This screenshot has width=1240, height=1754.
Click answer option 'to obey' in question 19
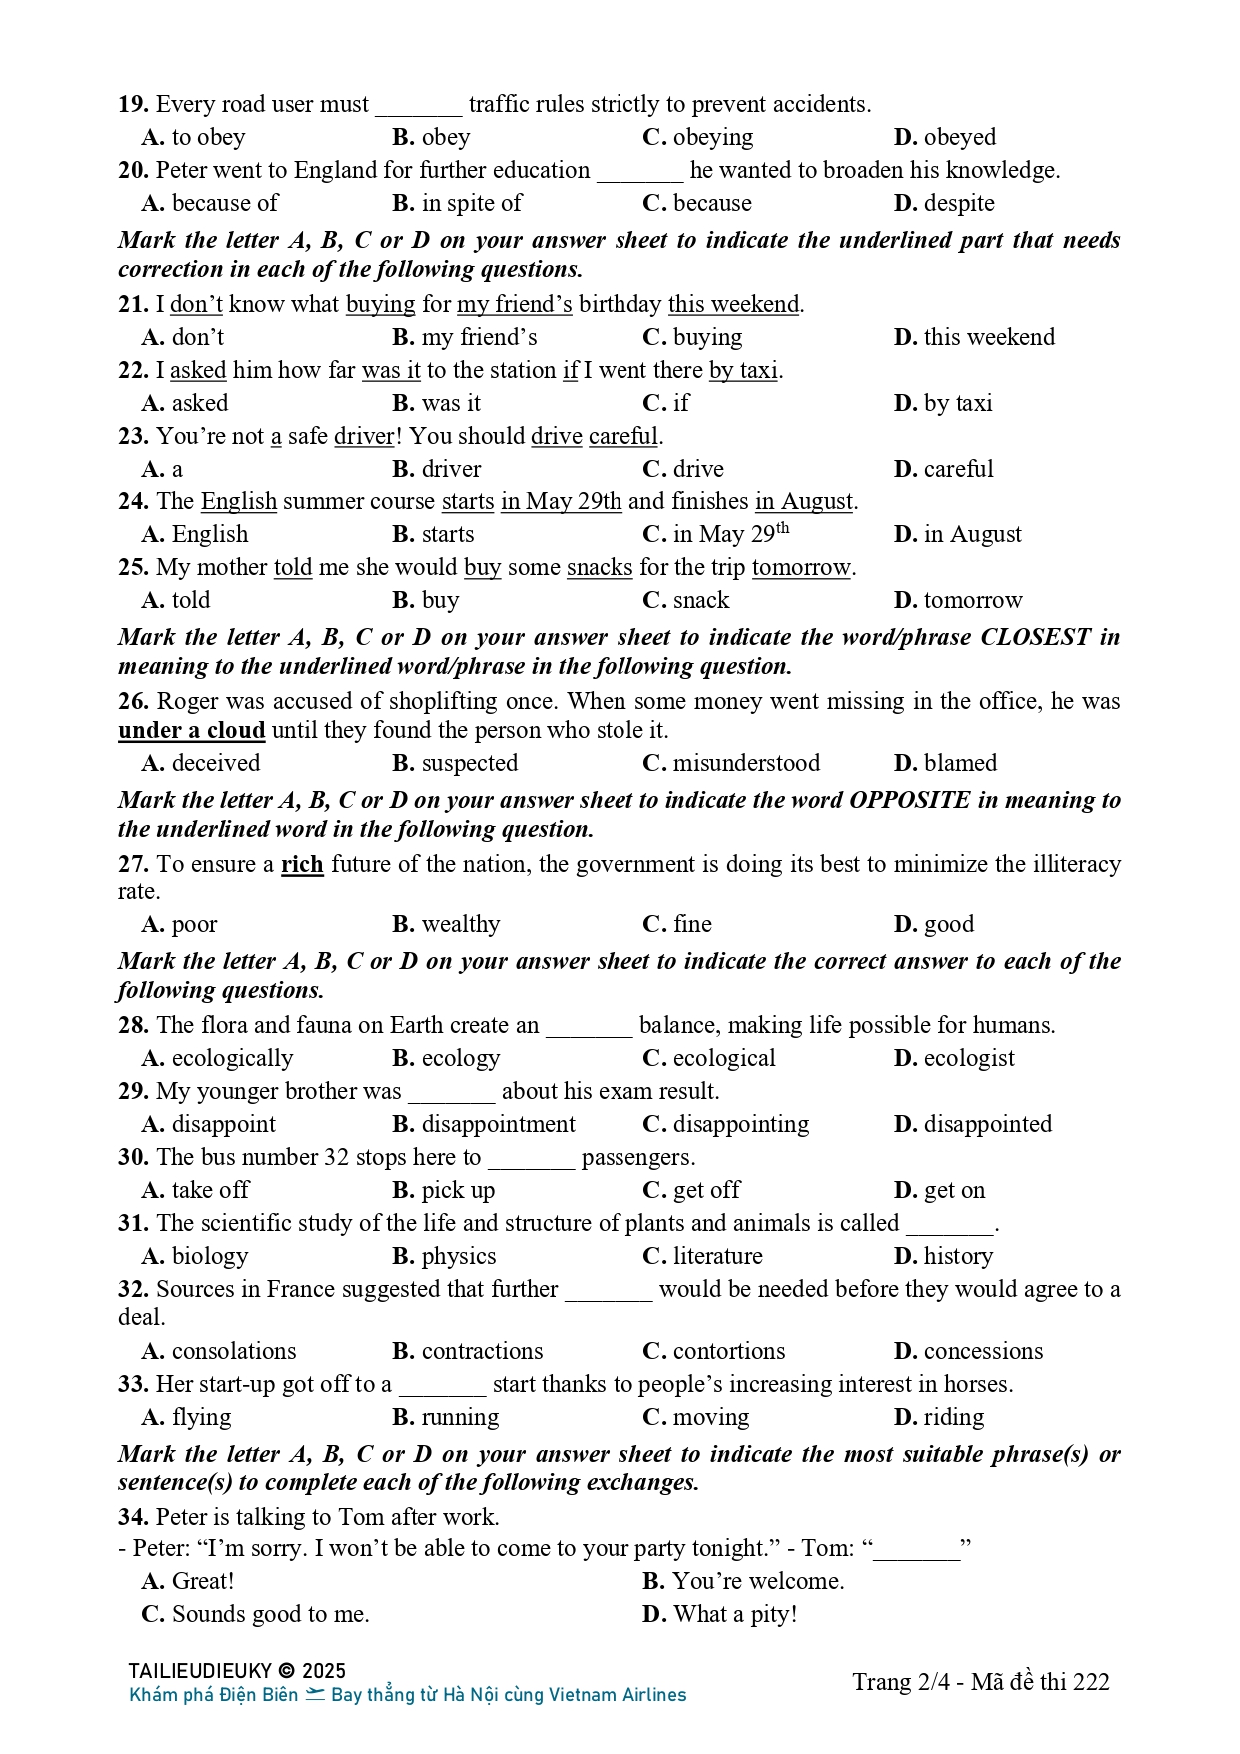click(x=208, y=137)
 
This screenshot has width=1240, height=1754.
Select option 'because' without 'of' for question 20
click(x=711, y=203)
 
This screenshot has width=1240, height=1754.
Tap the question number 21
click(x=133, y=304)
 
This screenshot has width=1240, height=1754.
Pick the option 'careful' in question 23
click(x=958, y=469)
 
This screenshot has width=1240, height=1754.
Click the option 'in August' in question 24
click(x=972, y=534)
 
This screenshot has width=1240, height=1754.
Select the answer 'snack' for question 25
click(x=700, y=600)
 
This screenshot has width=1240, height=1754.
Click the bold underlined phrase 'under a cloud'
click(x=191, y=730)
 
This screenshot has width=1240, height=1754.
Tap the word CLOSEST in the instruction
click(x=1035, y=637)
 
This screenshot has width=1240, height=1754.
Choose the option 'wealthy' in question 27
click(x=460, y=924)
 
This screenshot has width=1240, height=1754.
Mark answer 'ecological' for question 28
click(x=723, y=1058)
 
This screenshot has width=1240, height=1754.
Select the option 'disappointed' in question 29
click(x=987, y=1124)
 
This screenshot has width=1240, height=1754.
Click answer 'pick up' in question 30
click(x=458, y=1190)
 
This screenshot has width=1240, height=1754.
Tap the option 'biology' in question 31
click(x=209, y=1256)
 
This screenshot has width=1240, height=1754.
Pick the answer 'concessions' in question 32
click(x=983, y=1351)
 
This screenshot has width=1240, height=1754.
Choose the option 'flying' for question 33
click(x=201, y=1417)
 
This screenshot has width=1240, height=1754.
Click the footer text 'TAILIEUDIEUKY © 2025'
click(x=237, y=1671)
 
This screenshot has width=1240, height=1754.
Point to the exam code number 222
click(x=1092, y=1682)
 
